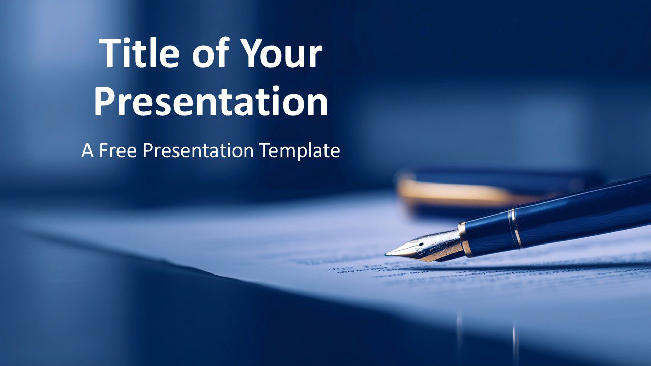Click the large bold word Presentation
[211, 102]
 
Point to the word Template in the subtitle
[300, 151]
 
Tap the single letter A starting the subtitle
[87, 150]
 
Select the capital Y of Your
[251, 53]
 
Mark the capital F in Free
[103, 150]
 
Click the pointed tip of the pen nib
[387, 254]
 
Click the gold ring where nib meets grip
[463, 238]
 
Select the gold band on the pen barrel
[516, 228]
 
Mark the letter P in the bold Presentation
[104, 102]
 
